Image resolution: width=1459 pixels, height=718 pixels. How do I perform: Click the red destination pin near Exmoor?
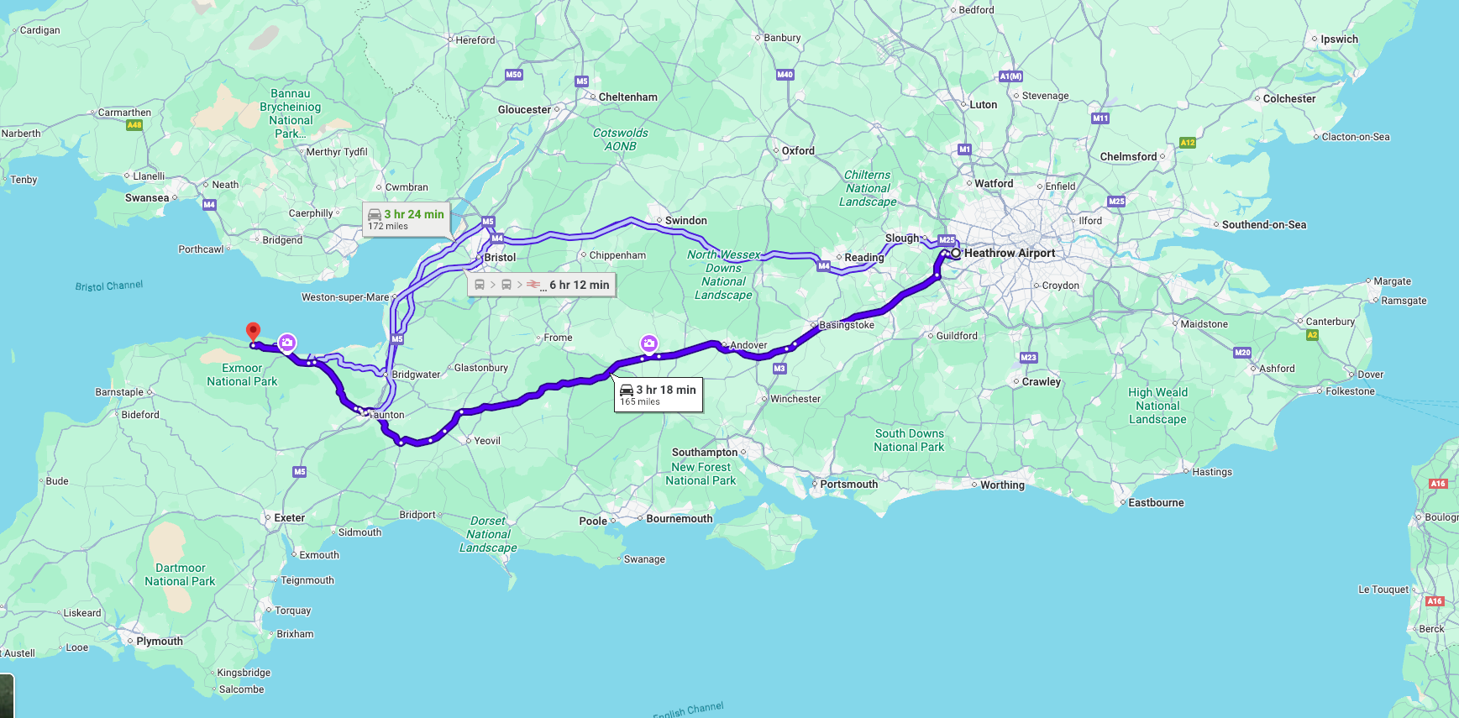click(x=253, y=332)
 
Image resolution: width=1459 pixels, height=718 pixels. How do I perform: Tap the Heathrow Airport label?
click(x=1009, y=253)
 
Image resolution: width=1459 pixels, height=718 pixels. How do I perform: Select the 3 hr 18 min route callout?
click(x=659, y=395)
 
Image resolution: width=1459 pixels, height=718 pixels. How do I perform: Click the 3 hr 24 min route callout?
click(x=407, y=218)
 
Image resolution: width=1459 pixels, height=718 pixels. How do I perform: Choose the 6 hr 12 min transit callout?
click(x=543, y=285)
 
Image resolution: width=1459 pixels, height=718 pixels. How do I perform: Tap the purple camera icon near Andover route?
click(x=648, y=343)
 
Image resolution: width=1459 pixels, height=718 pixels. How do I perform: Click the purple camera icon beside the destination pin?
click(x=286, y=342)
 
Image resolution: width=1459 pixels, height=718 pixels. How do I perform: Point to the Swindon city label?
click(x=685, y=221)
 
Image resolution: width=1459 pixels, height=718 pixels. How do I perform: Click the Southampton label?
click(x=704, y=452)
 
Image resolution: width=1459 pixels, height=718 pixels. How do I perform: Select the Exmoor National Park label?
click(x=242, y=375)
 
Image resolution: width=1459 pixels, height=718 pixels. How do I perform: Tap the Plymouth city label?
click(x=159, y=641)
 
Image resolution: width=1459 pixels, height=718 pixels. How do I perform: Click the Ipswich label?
click(x=1338, y=39)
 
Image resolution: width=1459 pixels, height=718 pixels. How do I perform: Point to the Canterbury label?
click(x=1330, y=322)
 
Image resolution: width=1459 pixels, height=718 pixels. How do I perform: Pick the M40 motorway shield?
click(x=785, y=75)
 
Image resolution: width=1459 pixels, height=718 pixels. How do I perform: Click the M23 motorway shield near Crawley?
click(x=1028, y=358)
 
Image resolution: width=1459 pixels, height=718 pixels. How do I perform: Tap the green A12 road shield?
click(x=1187, y=143)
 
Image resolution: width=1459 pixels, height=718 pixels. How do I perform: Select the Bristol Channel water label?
click(x=109, y=286)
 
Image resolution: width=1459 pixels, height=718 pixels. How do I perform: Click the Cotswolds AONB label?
click(x=620, y=139)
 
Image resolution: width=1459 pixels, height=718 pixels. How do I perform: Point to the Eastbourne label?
click(x=1156, y=503)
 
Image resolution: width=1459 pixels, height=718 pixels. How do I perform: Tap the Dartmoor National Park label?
click(x=180, y=574)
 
